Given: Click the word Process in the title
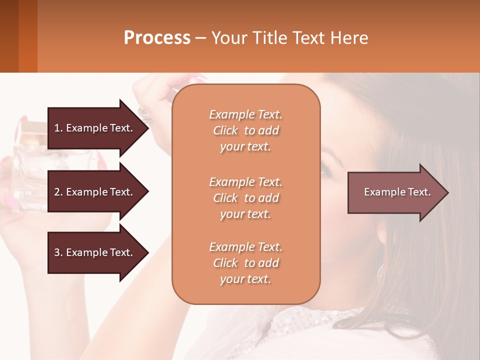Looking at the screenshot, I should [157, 37].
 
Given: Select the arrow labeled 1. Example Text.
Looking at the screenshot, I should [95, 128].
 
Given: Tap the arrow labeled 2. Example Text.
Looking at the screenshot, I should [95, 192].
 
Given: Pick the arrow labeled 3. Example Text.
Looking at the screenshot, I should [95, 252].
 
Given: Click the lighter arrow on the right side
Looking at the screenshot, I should [395, 192].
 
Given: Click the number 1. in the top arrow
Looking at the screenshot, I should [58, 128].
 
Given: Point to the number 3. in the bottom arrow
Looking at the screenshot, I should [58, 252].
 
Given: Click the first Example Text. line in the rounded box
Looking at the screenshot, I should [245, 114].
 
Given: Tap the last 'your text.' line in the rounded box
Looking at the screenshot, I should [245, 279].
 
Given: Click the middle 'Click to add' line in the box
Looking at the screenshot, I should [245, 198].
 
